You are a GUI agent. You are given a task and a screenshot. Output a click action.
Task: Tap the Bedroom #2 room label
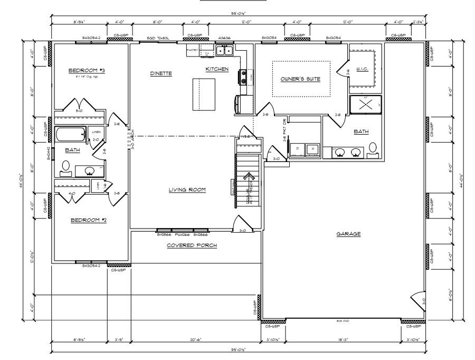tap(89, 219)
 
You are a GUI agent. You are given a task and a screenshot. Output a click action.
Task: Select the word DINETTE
tap(161, 73)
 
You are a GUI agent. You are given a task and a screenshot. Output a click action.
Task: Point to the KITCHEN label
tap(217, 69)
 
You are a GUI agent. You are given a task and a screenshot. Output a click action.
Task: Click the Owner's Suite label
tap(300, 79)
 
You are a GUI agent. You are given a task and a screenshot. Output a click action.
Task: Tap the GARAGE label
tap(348, 233)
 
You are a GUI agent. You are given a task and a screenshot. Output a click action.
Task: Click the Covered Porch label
tap(192, 245)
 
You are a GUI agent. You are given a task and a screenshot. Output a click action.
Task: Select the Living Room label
tap(187, 190)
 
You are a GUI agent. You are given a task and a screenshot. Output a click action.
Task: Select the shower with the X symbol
tap(365, 104)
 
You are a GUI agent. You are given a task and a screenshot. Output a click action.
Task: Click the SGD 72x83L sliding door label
tap(157, 39)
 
